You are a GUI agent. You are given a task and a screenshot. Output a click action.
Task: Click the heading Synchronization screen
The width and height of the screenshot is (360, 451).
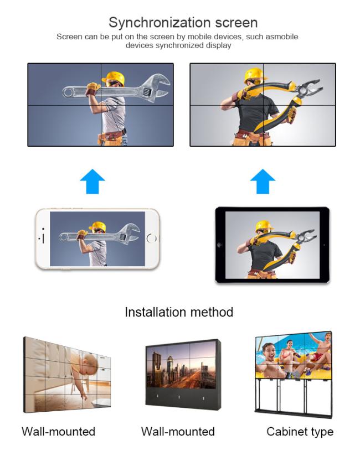[x=183, y=23]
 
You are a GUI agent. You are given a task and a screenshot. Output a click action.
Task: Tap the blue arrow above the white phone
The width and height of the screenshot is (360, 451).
[x=92, y=181]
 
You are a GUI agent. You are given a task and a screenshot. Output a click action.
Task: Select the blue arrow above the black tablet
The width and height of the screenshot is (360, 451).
[x=263, y=181]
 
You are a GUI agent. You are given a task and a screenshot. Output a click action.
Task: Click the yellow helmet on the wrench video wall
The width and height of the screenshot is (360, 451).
[x=113, y=77]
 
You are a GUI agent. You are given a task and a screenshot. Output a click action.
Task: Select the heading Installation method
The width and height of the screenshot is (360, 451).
[x=179, y=312]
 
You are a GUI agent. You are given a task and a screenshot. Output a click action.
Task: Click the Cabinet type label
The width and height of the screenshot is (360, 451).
[x=300, y=432]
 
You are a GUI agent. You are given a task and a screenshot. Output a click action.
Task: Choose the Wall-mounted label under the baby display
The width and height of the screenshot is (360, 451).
[x=58, y=432]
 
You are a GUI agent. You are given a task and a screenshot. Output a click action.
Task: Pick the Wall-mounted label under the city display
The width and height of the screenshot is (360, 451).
[x=178, y=432]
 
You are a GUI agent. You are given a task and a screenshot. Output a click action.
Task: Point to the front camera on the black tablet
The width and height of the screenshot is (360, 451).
[x=220, y=245]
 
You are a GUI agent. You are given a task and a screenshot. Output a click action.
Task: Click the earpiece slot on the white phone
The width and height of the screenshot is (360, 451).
[x=43, y=239]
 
